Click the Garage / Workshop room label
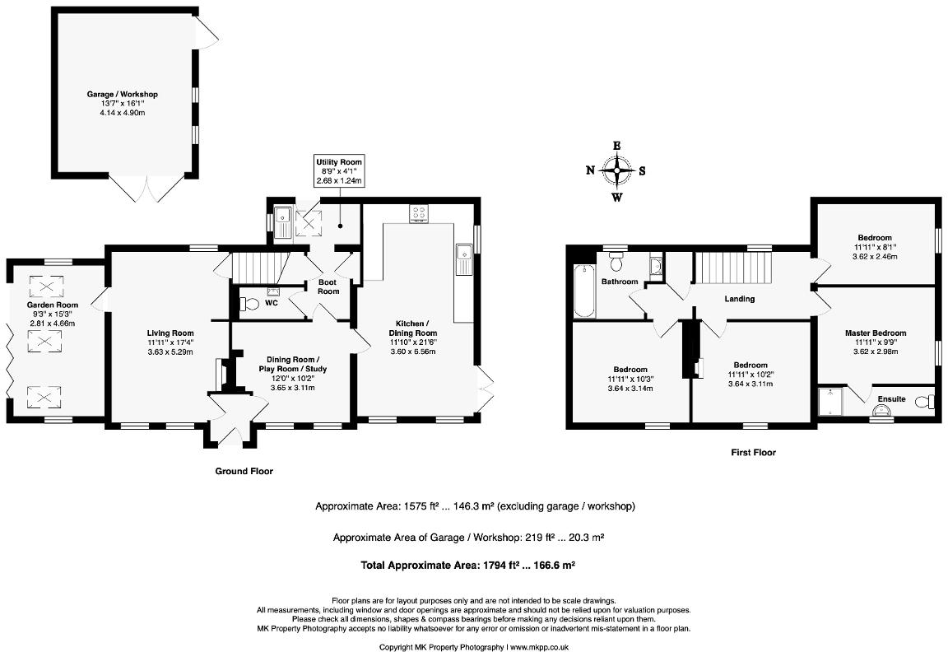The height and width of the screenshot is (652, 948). click(122, 95)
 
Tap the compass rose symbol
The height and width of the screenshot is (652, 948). click(616, 171)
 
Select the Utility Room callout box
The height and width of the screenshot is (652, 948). click(339, 171)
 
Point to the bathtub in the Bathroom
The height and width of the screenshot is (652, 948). click(583, 291)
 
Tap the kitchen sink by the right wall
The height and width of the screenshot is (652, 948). click(463, 259)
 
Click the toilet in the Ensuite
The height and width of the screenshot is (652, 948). click(928, 401)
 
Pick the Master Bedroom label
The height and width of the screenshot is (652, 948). click(875, 333)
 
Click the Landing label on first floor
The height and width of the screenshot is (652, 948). click(739, 299)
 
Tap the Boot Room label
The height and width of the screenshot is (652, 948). click(328, 286)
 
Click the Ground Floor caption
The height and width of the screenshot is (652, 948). click(244, 472)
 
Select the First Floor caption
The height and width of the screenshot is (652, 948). click(753, 453)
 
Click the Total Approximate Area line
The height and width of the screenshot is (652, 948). click(467, 566)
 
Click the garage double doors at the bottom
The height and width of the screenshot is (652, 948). click(146, 189)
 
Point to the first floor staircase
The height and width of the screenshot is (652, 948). click(732, 268)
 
